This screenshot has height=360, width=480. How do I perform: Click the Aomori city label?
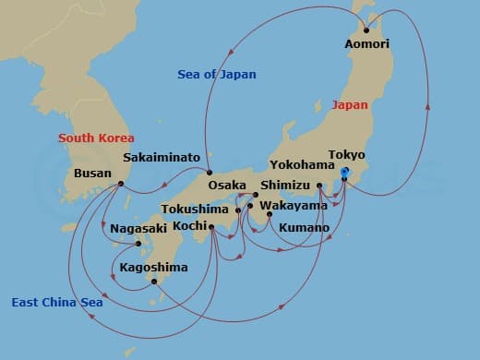[366, 43]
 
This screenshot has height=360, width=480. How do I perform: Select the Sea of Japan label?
[218, 74]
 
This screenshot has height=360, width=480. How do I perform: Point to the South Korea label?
[96, 138]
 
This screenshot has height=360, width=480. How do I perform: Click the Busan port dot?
[122, 184]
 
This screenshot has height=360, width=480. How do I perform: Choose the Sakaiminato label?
[162, 158]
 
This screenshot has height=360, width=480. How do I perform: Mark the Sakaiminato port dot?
[210, 173]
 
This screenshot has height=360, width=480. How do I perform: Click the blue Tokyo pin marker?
[344, 173]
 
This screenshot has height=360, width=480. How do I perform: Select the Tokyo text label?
[347, 155]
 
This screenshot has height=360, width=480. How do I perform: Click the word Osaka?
[227, 186]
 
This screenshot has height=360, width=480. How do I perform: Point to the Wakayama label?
[293, 205]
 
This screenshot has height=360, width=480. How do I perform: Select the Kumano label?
[305, 227]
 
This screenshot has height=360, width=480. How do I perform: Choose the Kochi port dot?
[211, 227]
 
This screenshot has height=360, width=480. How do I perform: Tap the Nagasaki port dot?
[138, 244]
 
